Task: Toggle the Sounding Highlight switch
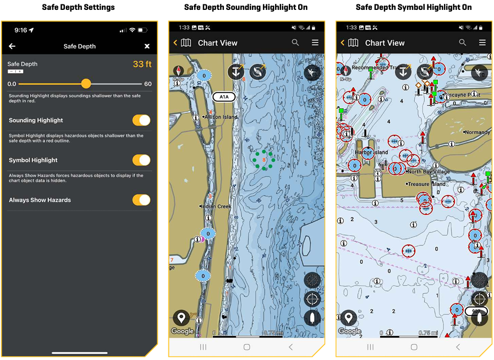tap(141, 120)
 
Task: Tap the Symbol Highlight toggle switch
tap(141, 160)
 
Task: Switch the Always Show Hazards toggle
tap(141, 200)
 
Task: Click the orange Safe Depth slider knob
tap(86, 84)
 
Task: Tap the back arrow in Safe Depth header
tap(12, 46)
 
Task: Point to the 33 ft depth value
tap(142, 64)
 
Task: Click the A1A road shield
tap(224, 97)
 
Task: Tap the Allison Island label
tap(221, 117)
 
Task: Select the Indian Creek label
tap(217, 206)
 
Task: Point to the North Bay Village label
tap(429, 172)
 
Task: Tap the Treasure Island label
tap(426, 184)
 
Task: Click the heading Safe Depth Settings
tap(79, 8)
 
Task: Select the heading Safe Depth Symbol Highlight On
tap(414, 8)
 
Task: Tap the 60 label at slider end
tap(148, 84)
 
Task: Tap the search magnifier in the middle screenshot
tap(295, 42)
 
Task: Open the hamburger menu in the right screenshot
tap(482, 42)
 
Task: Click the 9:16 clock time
tap(21, 30)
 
